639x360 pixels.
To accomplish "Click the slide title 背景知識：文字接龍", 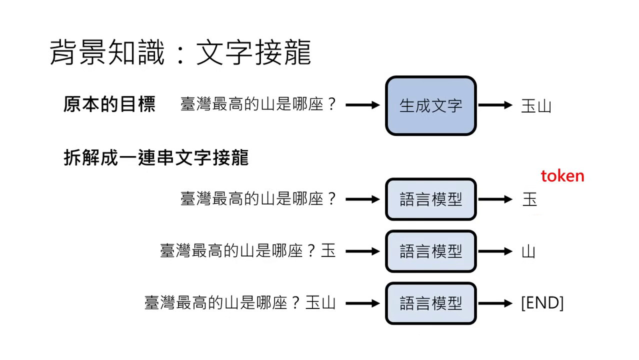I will (180, 52).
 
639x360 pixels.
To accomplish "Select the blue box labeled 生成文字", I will (430, 105).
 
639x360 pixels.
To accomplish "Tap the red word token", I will (562, 176).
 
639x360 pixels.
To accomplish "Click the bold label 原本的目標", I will (109, 104).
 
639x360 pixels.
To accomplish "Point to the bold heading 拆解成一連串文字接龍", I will (156, 157).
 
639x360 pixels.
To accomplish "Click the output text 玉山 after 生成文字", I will (536, 106).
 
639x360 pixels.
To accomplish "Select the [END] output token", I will (542, 303).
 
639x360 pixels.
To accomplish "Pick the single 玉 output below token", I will (529, 199).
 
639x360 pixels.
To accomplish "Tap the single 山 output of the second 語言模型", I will (528, 251).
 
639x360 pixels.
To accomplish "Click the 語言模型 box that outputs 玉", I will (430, 199).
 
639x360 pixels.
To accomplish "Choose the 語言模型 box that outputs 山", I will (430, 251).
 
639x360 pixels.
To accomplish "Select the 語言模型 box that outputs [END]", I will (430, 303).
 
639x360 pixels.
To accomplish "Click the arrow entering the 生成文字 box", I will (362, 105).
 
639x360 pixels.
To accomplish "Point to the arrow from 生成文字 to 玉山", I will (495, 105).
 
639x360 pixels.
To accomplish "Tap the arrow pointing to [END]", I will (495, 303).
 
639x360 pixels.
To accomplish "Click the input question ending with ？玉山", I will (240, 303).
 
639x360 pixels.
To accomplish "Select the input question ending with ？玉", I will (248, 251).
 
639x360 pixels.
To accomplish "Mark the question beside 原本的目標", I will (258, 105).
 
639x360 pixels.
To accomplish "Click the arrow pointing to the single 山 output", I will (495, 251).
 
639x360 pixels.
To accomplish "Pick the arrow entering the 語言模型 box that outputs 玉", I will (362, 199).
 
